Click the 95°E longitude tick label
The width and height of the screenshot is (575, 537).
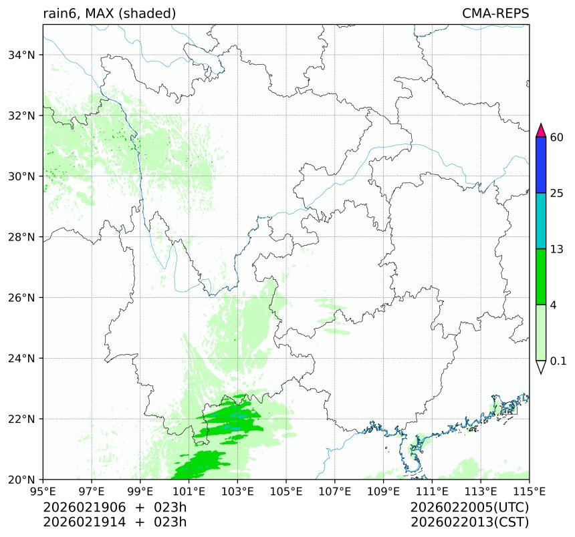click(x=43, y=492)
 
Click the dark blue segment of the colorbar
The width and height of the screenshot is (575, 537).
click(x=542, y=165)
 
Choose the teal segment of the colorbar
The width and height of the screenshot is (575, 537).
click(x=542, y=221)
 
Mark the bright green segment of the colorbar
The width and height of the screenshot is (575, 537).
click(x=542, y=277)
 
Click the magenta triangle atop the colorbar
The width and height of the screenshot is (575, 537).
click(x=542, y=130)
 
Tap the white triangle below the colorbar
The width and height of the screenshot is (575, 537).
click(x=542, y=367)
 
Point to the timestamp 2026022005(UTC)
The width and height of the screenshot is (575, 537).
click(x=470, y=508)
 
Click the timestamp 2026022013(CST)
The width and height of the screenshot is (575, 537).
click(x=470, y=522)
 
